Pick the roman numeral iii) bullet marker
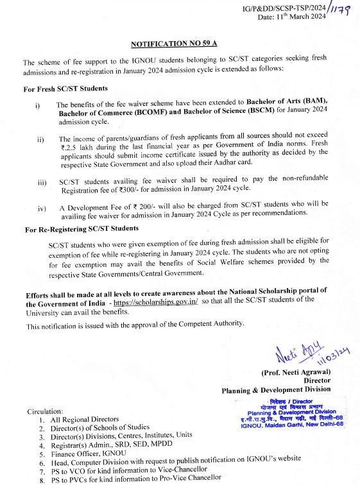click(42, 183)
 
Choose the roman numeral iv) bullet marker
click(42, 209)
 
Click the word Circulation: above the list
click(45, 411)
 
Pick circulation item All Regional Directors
click(85, 419)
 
